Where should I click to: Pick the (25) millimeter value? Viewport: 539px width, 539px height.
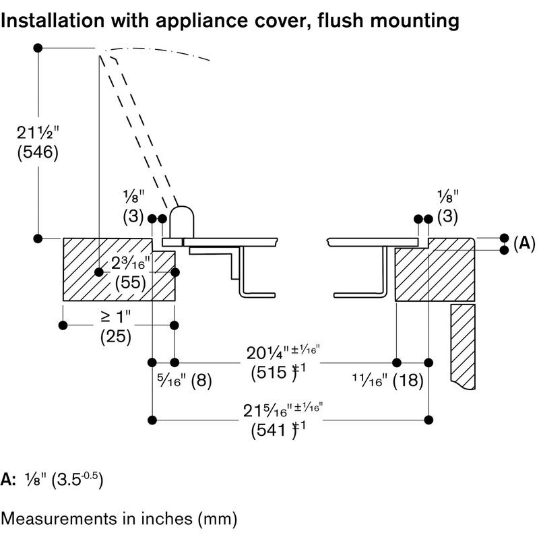pyautogui.click(x=115, y=335)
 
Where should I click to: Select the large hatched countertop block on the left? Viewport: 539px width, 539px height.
pyautogui.click(x=108, y=269)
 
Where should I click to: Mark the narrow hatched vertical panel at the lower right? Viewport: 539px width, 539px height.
pyautogui.click(x=464, y=344)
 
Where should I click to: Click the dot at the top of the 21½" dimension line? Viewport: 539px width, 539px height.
pyautogui.click(x=39, y=49)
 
